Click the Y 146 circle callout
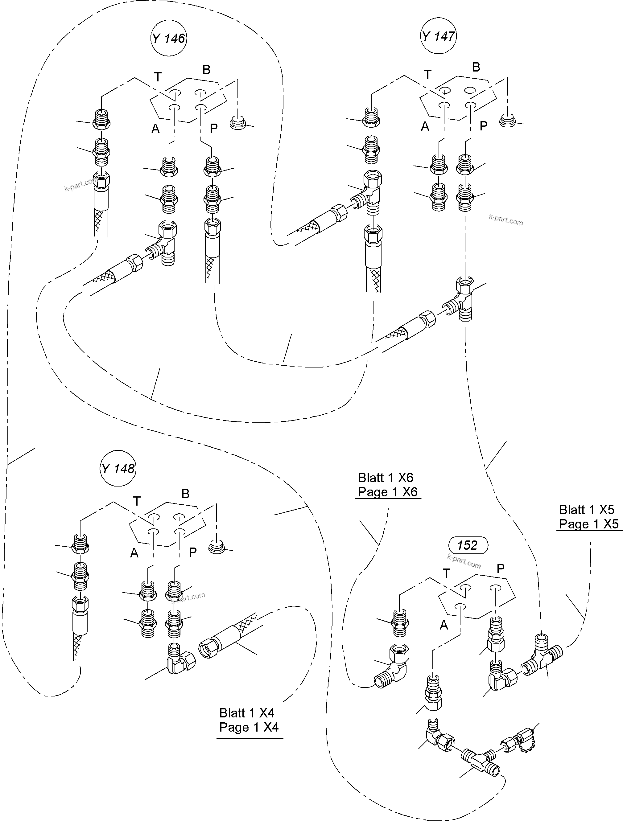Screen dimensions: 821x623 [x=169, y=38]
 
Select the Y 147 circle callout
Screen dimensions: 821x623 [x=439, y=36]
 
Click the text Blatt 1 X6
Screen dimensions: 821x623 [x=386, y=478]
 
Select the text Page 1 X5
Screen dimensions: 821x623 [x=589, y=524]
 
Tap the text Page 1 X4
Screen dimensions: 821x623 [x=249, y=727]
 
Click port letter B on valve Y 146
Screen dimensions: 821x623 [x=206, y=69]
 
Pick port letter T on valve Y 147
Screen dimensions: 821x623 [x=428, y=75]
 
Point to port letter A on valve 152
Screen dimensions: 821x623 [x=444, y=626]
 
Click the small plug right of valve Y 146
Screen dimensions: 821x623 [x=238, y=122]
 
